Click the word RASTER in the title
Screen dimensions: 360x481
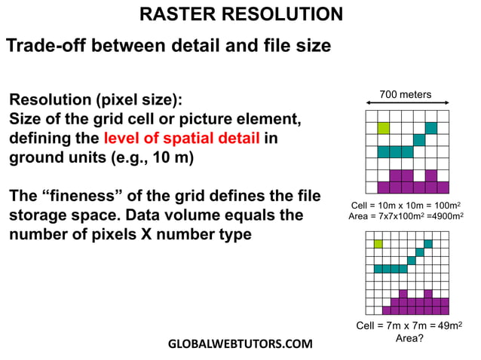178,14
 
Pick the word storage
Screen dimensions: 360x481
38,215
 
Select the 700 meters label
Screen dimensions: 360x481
406,94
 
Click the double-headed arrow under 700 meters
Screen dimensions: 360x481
406,105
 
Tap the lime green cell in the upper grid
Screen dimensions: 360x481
383,128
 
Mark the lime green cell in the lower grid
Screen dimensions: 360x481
378,243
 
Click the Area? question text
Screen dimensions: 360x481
409,338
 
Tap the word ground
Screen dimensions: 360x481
36,158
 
